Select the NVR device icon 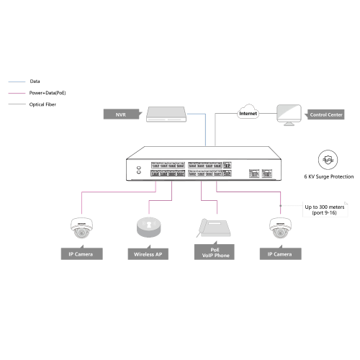coord(166,114)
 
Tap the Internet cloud coord(248,112)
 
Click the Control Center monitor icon coord(289,115)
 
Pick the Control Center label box coord(325,114)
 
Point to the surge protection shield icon coord(328,160)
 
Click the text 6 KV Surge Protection coord(329,176)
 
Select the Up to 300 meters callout coord(325,210)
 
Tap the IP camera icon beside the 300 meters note coord(280,228)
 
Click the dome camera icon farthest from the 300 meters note coord(81,228)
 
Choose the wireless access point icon coord(149,227)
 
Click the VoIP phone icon coord(214,228)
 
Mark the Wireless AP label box coord(148,253)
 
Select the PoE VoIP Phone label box coord(215,251)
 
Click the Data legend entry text coord(35,81)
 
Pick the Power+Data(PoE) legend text coord(48,93)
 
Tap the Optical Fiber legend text coord(42,104)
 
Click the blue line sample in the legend coord(17,82)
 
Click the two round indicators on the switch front coord(139,170)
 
